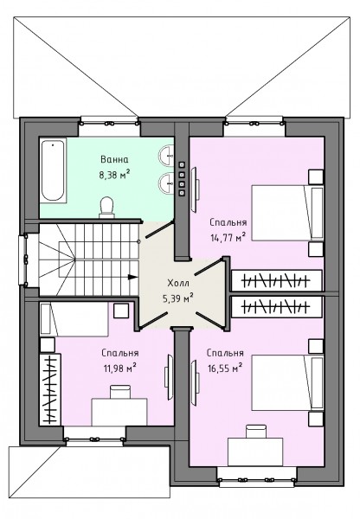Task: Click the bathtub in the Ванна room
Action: tap(53, 170)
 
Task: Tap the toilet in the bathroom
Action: tap(107, 208)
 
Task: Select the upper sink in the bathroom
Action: tap(167, 155)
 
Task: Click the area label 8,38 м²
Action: tap(114, 174)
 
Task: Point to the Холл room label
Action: tap(178, 284)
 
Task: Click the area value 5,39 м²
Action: tap(177, 298)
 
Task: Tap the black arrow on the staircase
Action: tap(132, 277)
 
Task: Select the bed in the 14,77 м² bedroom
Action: tap(287, 213)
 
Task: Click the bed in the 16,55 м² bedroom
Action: tap(287, 382)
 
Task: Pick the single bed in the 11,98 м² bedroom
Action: tap(74, 320)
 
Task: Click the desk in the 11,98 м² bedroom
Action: tap(119, 412)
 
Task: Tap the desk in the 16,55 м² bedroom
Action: tap(255, 452)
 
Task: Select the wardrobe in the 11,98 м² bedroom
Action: tap(50, 389)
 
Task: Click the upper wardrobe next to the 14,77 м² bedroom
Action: tap(277, 281)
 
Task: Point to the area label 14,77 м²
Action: tap(228, 237)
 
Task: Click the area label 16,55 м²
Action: tap(225, 368)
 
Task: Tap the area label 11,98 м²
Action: tap(120, 368)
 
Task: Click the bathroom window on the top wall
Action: tap(109, 122)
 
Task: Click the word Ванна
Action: tap(114, 159)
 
